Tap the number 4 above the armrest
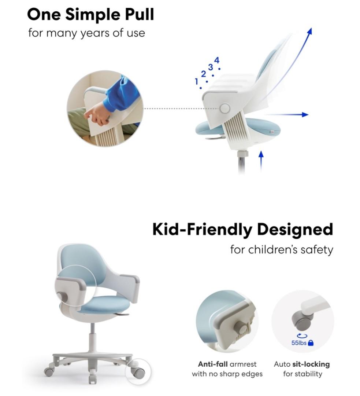coord(217,60)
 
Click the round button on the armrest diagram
coord(224,108)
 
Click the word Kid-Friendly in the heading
coord(202,230)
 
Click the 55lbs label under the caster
coord(299,343)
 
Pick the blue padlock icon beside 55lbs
coord(311,343)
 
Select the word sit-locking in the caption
coord(311,364)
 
